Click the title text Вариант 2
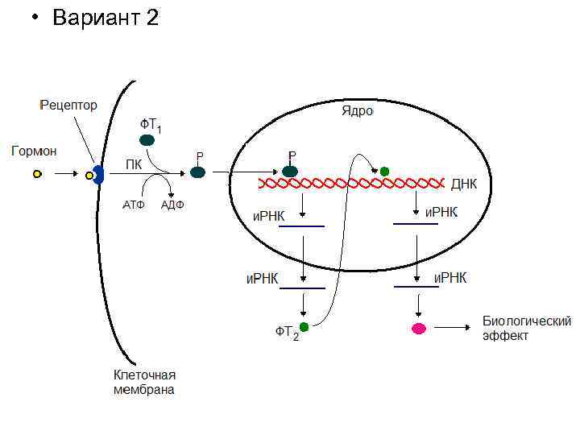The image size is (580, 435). pyautogui.click(x=106, y=18)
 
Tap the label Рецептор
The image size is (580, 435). pyautogui.click(x=69, y=106)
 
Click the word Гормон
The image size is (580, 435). pyautogui.click(x=34, y=150)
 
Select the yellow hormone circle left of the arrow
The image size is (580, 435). pyautogui.click(x=37, y=173)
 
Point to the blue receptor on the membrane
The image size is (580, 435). pyautogui.click(x=97, y=174)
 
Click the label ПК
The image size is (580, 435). pyautogui.click(x=133, y=164)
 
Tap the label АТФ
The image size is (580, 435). pyautogui.click(x=133, y=205)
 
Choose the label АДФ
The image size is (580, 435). pyautogui.click(x=173, y=205)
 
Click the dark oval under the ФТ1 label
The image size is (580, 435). pyautogui.click(x=147, y=140)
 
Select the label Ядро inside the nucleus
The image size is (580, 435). pyautogui.click(x=357, y=110)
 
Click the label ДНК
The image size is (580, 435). pyautogui.click(x=464, y=184)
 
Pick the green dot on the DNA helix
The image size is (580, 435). pyautogui.click(x=384, y=172)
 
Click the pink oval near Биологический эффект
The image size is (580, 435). pyautogui.click(x=419, y=328)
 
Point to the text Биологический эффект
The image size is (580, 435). pyautogui.click(x=527, y=328)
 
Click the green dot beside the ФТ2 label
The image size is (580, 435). pyautogui.click(x=304, y=326)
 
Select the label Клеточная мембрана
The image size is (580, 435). pyautogui.click(x=144, y=383)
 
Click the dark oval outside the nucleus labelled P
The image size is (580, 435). pyautogui.click(x=197, y=172)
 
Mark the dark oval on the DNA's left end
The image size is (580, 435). pyautogui.click(x=291, y=172)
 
